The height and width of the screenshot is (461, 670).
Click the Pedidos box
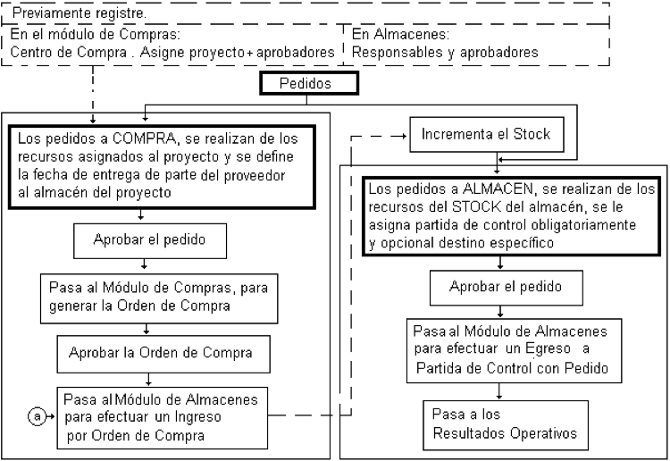pos(309,83)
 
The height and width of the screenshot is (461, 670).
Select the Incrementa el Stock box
pos(487,134)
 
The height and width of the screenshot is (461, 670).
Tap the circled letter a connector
pos(37,415)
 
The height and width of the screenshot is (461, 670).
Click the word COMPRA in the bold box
pos(144,138)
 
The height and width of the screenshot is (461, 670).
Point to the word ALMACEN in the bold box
pos(498,189)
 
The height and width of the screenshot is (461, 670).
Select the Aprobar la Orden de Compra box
pos(163,354)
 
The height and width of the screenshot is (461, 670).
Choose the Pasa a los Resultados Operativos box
pos(506,425)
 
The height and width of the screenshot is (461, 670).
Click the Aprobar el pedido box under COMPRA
pos(150,240)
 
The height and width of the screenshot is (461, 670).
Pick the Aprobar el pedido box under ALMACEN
pos(507,288)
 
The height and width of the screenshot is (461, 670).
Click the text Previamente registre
pos(80,13)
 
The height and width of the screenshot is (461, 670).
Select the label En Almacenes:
pos(400,34)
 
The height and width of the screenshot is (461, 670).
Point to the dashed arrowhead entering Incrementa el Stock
pos(404,137)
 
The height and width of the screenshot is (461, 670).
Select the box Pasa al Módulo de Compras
pos(159,298)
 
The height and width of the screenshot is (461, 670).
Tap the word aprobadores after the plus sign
pos(296,52)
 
